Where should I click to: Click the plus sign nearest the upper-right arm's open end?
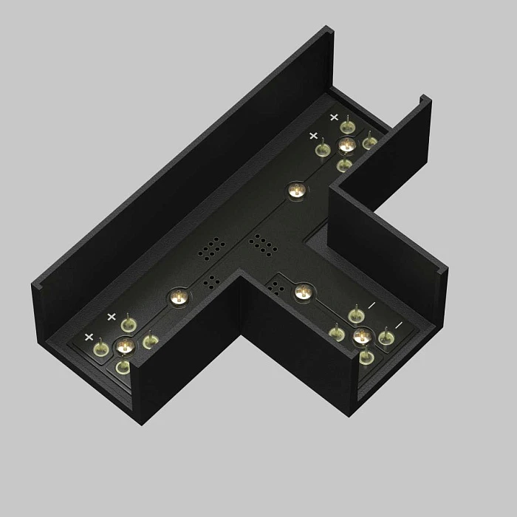point(334,117)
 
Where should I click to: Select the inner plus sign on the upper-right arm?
point(313,136)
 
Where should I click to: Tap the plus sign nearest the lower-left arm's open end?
point(89,338)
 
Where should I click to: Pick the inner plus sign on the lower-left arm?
point(112,317)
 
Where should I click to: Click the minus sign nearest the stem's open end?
point(398,325)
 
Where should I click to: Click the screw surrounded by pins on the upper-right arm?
point(346,145)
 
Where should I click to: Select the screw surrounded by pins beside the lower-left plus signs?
point(124,346)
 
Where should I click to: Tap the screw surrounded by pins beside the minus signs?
point(361,337)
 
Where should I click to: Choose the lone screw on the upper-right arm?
point(296,191)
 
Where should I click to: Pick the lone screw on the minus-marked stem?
point(302,292)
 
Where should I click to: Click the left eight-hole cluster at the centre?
point(212,247)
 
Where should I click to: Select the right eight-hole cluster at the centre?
point(261,243)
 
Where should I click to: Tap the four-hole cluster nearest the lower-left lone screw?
point(210,281)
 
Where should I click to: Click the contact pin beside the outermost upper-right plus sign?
point(346,126)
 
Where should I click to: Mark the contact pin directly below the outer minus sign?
point(385,338)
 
